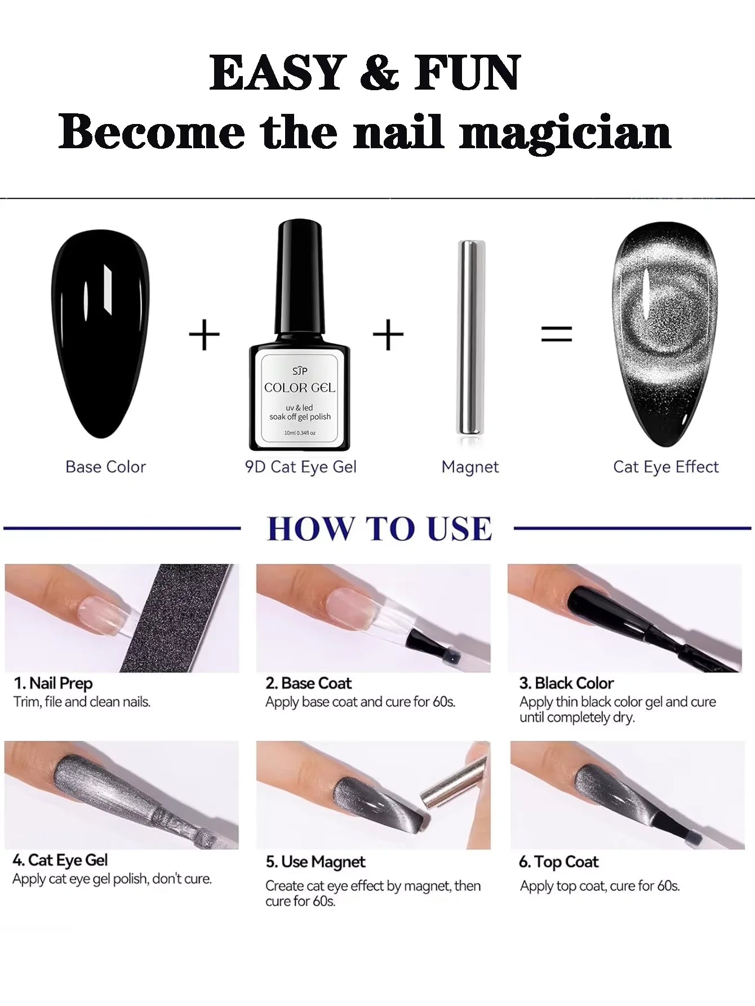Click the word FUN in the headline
[467, 73]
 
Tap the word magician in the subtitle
[565, 133]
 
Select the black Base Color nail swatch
[100, 334]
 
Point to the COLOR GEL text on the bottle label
[300, 388]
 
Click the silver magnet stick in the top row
[470, 337]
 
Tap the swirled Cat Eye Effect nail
[665, 334]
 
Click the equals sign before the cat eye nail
[556, 334]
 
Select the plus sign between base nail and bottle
[204, 335]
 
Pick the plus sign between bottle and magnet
[388, 335]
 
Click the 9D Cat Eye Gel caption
[300, 467]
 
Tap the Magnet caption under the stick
[470, 467]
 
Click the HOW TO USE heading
[379, 529]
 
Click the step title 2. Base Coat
[308, 683]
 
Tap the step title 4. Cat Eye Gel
[60, 860]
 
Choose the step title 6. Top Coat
[558, 862]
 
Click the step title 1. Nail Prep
[53, 684]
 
